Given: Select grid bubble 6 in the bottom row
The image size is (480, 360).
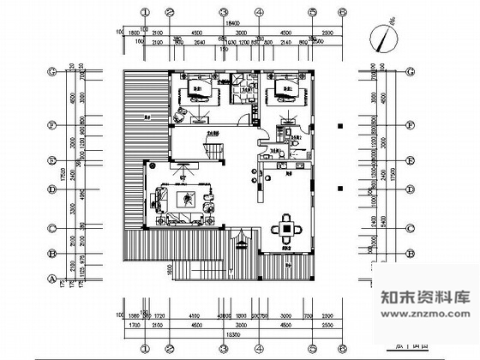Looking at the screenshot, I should point(341,350).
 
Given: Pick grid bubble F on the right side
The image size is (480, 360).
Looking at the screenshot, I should point(411,126).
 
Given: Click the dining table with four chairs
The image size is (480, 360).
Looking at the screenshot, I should point(285,229).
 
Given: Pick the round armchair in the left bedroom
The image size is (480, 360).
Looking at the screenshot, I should point(181,117).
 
